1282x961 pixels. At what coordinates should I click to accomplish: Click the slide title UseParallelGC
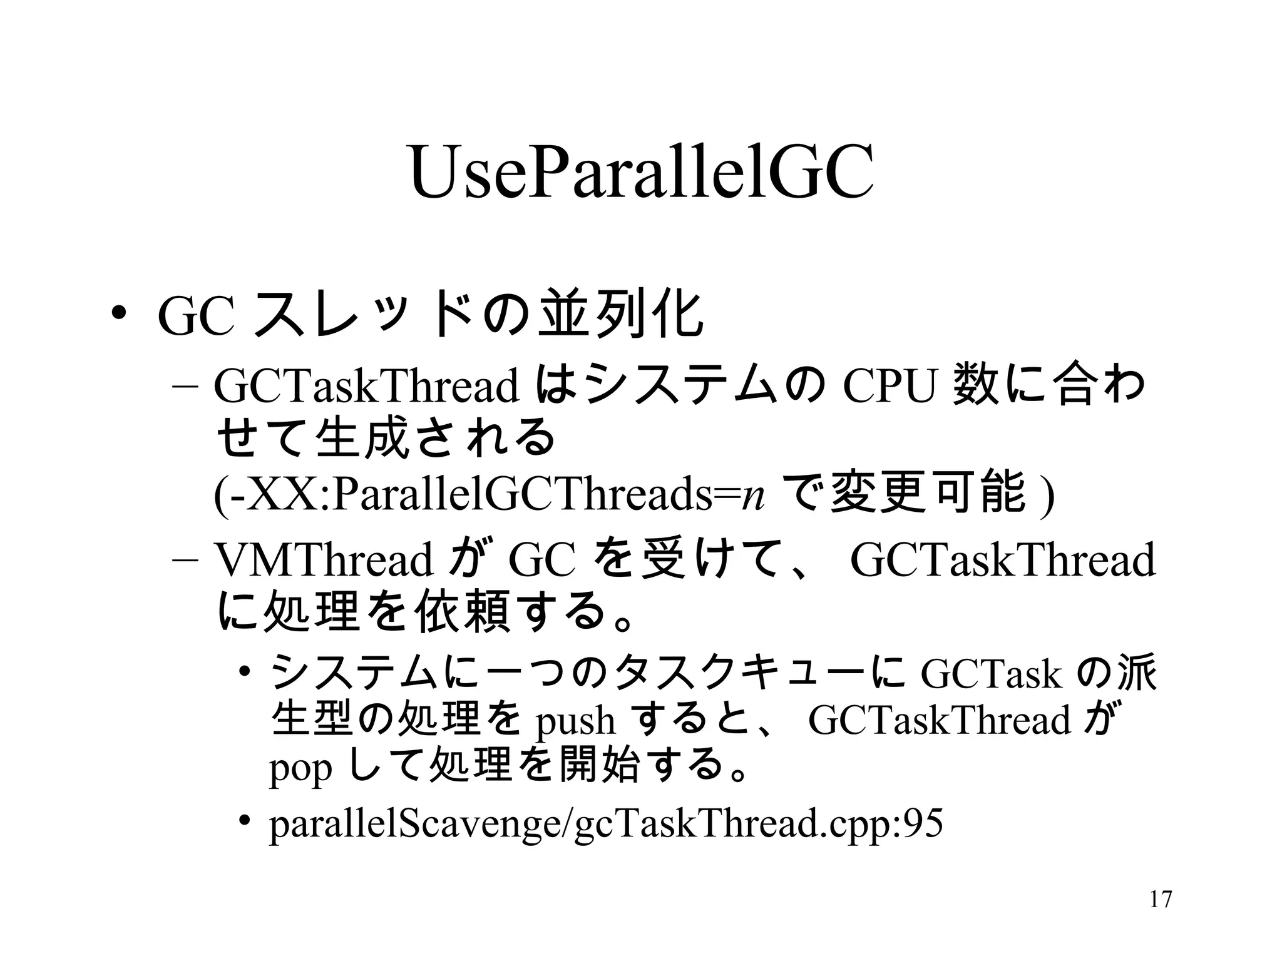coord(641,173)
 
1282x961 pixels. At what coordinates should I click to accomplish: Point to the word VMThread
coord(323,560)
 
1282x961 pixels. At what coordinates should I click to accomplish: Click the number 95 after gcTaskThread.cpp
coord(922,823)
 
